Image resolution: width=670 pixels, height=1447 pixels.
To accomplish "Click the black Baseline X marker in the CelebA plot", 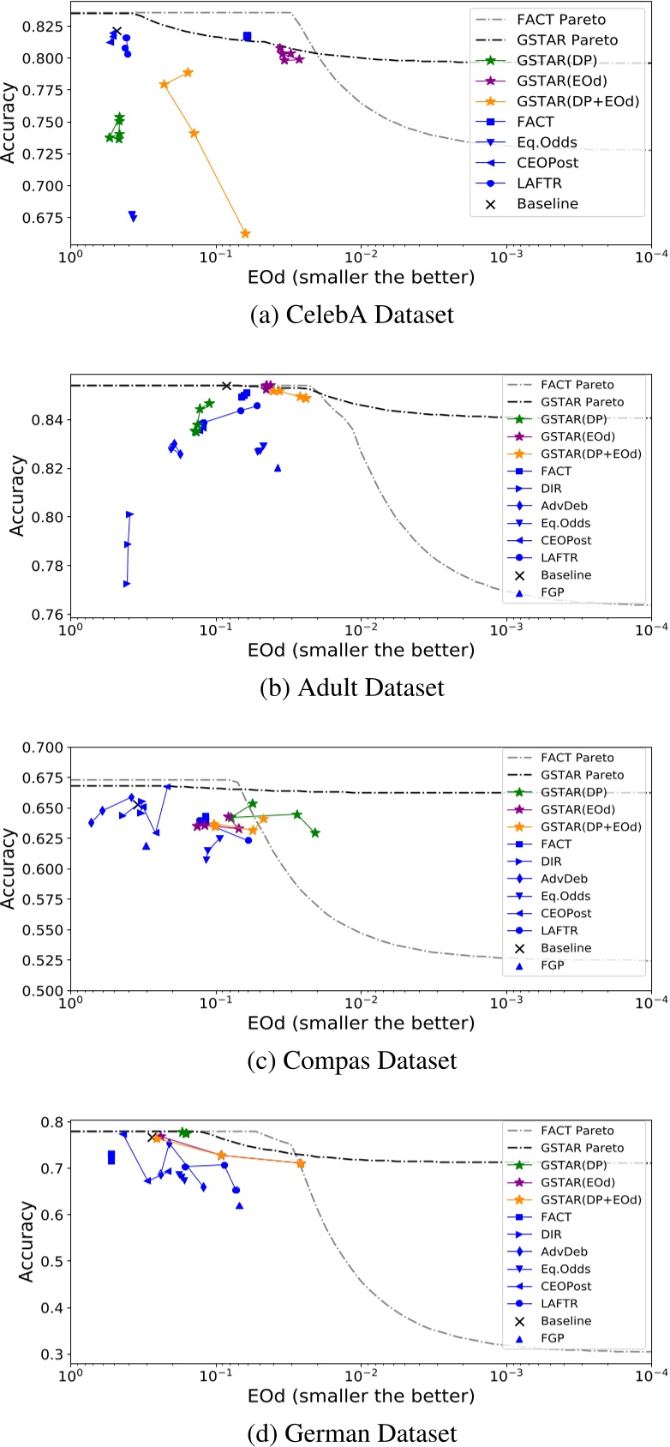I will click(x=116, y=33).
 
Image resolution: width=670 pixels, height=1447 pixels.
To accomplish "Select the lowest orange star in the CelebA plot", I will click(x=245, y=233).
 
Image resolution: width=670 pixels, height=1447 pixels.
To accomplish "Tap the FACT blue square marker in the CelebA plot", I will click(x=248, y=36).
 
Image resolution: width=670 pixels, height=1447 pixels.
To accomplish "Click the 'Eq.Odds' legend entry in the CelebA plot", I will click(x=547, y=142).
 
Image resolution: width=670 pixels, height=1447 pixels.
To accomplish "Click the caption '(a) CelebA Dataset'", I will click(x=352, y=315).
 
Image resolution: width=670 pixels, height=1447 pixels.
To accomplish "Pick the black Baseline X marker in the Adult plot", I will click(x=226, y=386).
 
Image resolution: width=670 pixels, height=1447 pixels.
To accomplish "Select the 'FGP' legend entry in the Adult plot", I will click(x=553, y=592).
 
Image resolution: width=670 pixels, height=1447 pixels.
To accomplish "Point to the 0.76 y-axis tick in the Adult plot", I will click(x=49, y=615).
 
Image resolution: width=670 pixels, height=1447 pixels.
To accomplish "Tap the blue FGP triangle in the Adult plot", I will click(x=278, y=468).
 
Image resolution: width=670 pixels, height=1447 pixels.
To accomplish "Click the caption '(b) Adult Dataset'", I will click(x=352, y=687).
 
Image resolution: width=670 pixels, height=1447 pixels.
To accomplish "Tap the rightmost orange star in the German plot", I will click(x=300, y=1163).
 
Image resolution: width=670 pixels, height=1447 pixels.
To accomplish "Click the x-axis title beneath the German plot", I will click(x=361, y=1396).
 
